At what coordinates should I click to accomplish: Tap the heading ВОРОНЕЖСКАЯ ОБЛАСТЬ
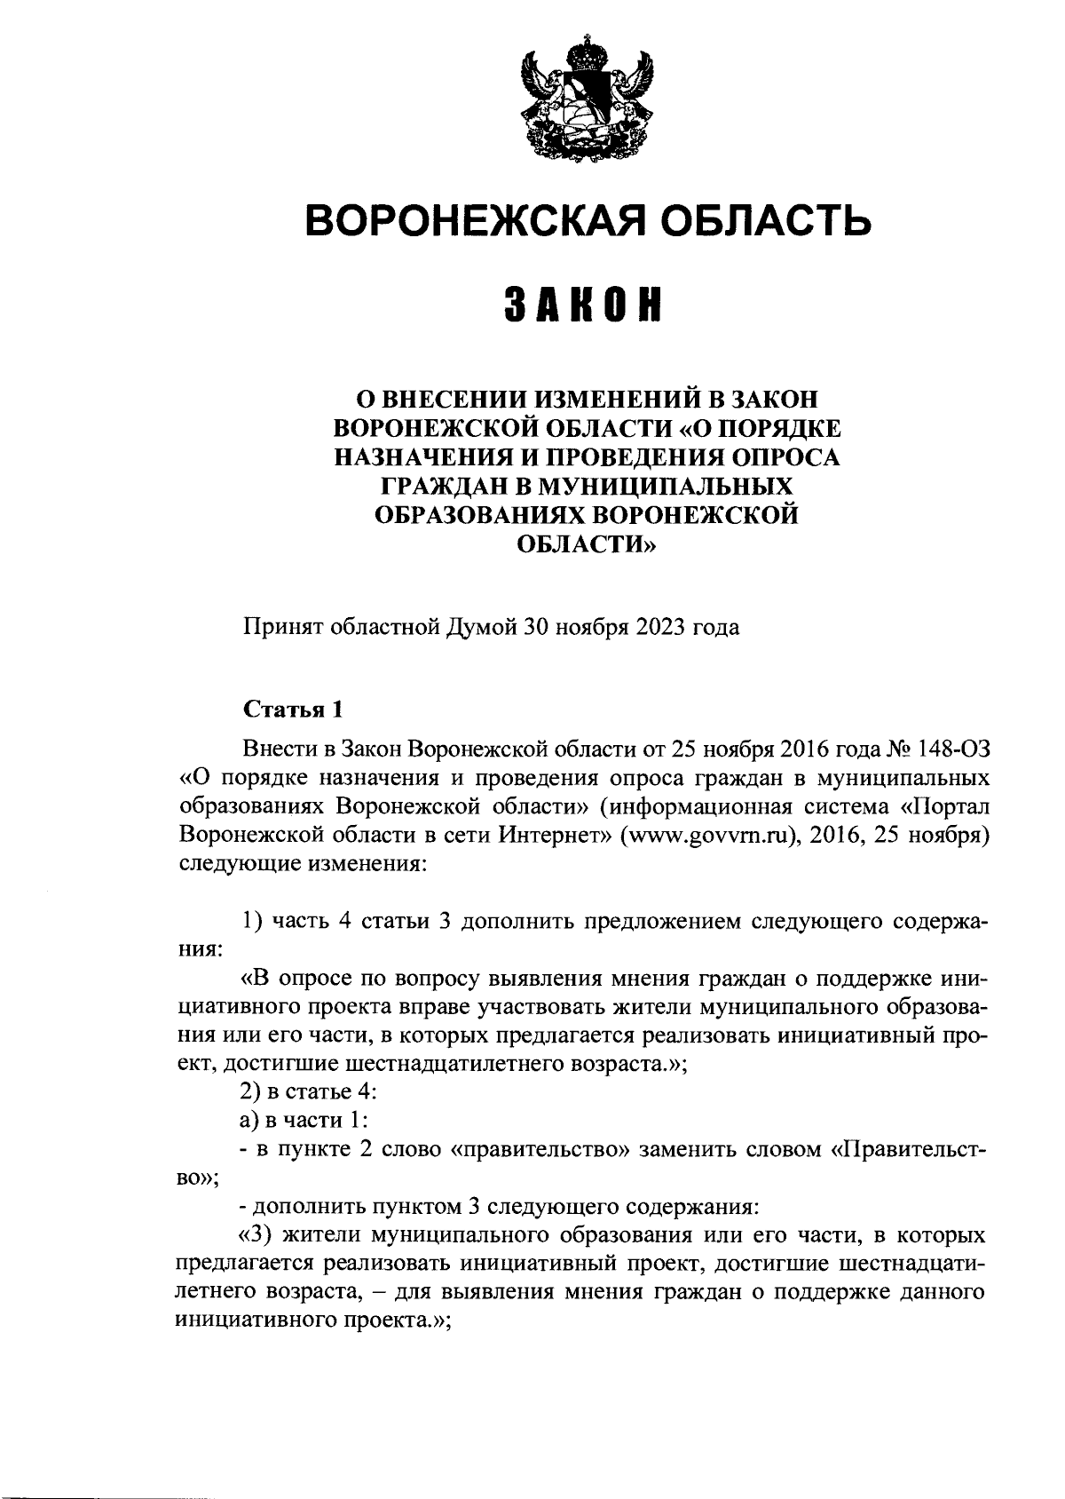(x=588, y=219)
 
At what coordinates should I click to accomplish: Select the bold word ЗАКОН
(x=586, y=305)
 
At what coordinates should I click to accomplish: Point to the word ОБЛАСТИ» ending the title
(x=587, y=544)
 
